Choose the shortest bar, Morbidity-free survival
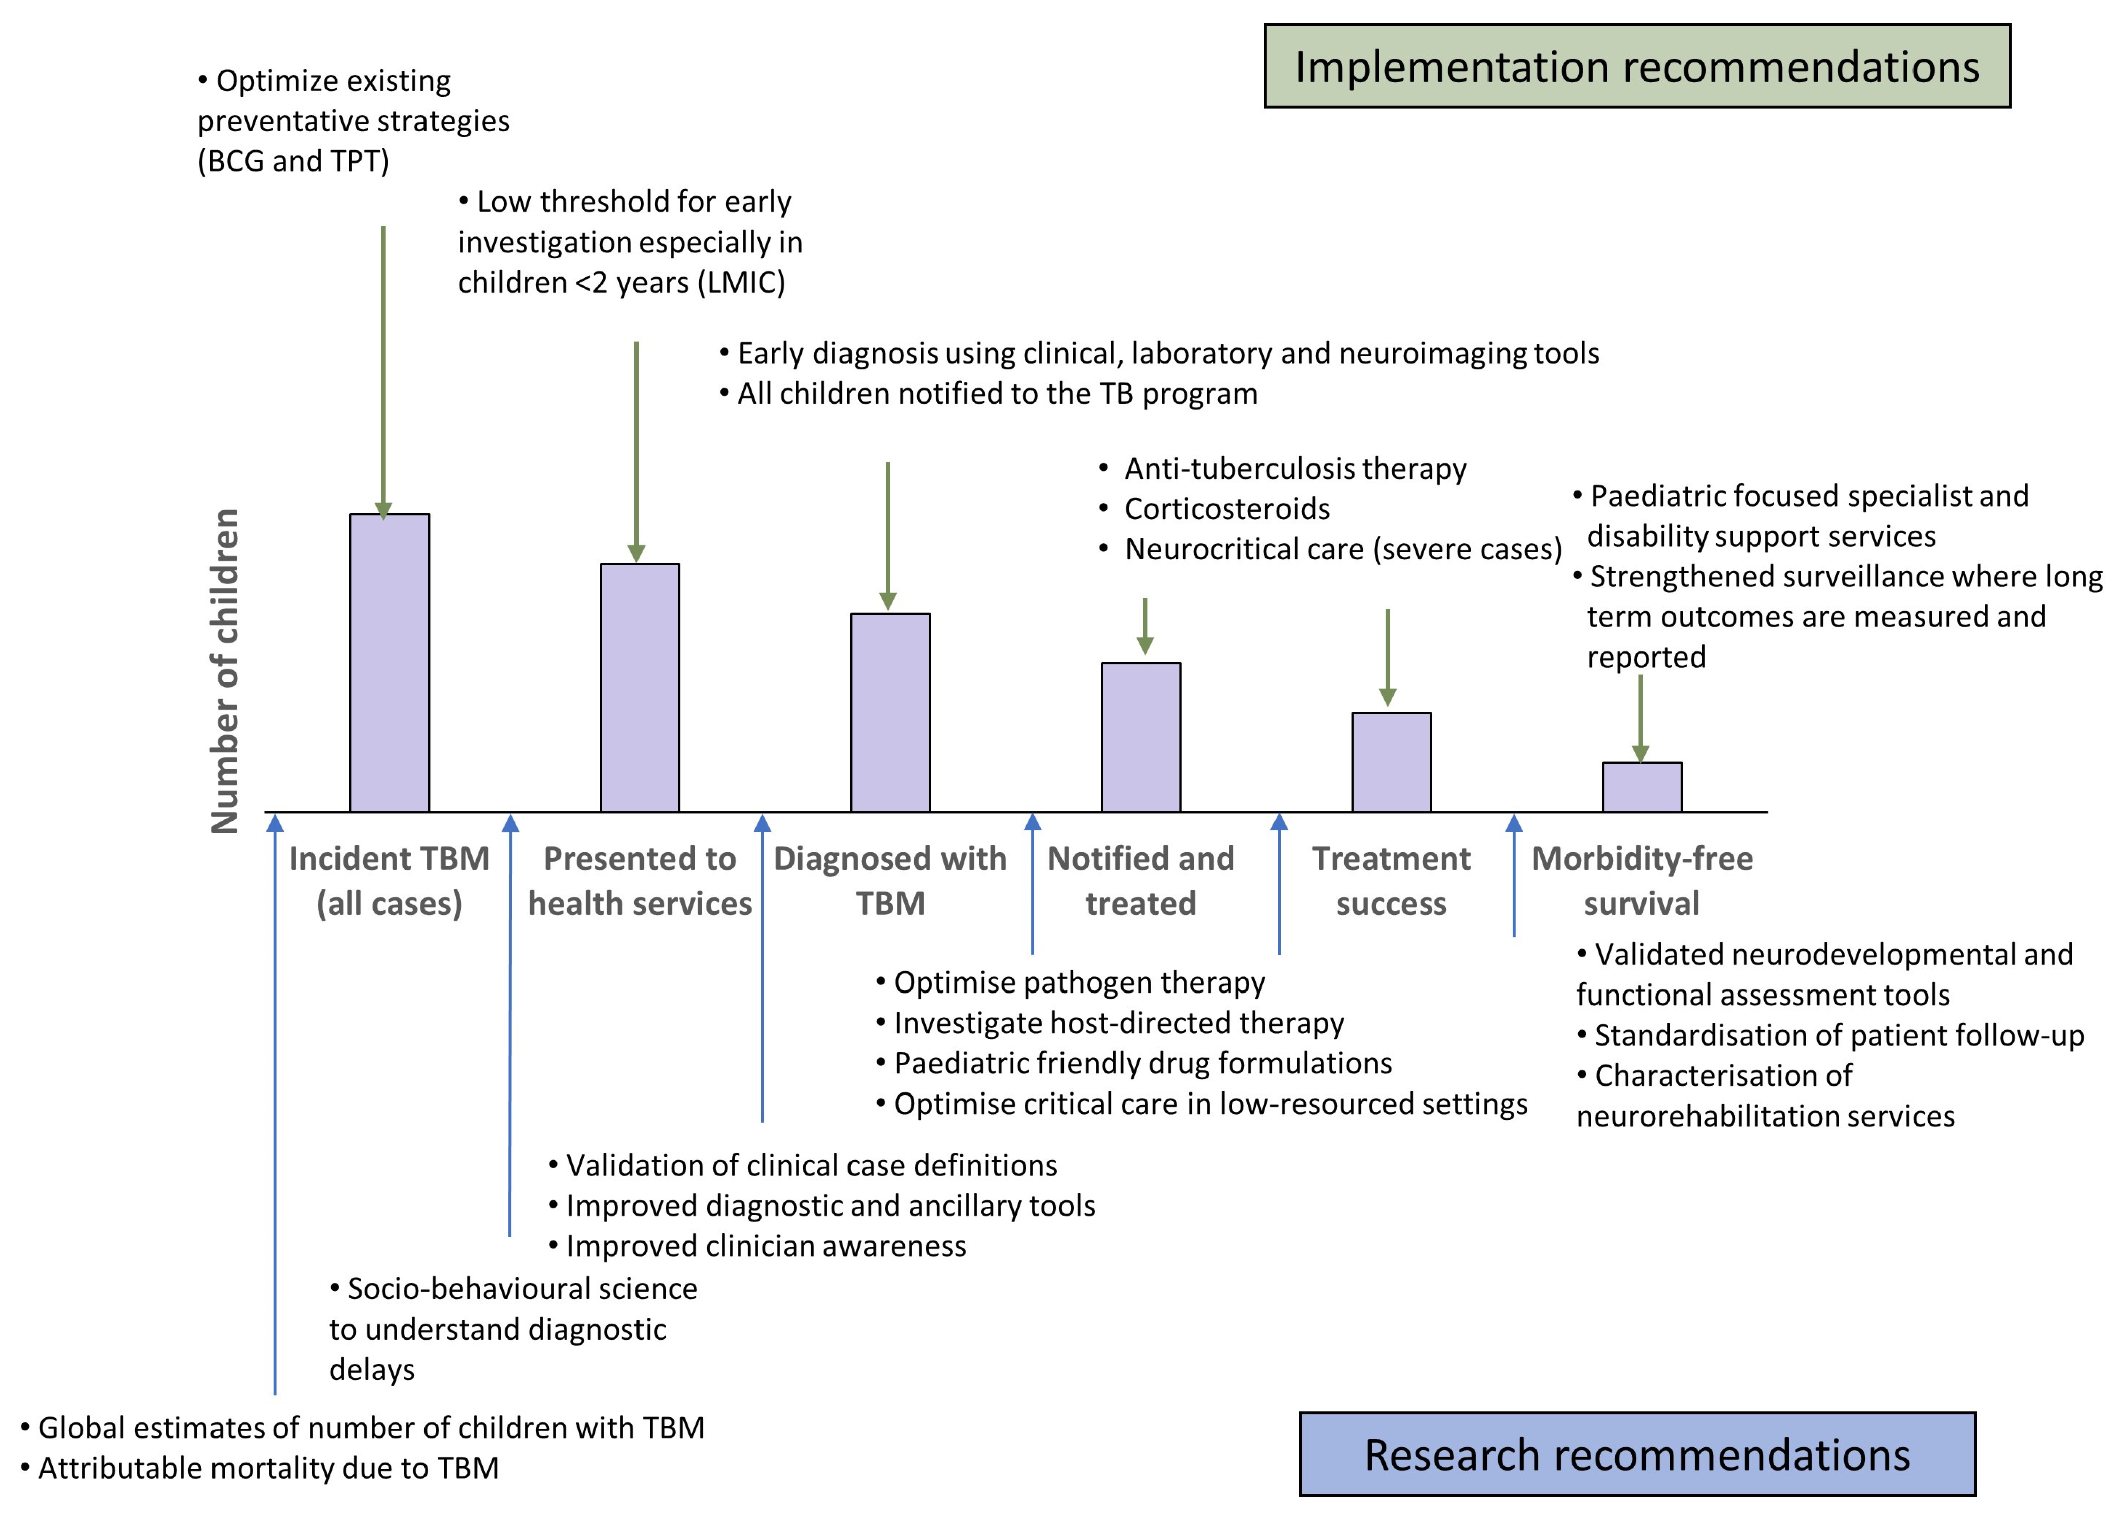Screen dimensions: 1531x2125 pyautogui.click(x=1641, y=787)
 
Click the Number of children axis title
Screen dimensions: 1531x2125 pyautogui.click(x=225, y=671)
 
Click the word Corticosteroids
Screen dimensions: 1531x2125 pyautogui.click(x=1226, y=509)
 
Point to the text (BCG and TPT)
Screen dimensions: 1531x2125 pyautogui.click(x=293, y=161)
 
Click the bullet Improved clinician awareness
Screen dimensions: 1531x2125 pyautogui.click(x=765, y=1246)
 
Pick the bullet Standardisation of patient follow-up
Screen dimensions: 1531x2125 pyautogui.click(x=1838, y=1035)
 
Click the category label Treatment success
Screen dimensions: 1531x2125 pyautogui.click(x=1391, y=881)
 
